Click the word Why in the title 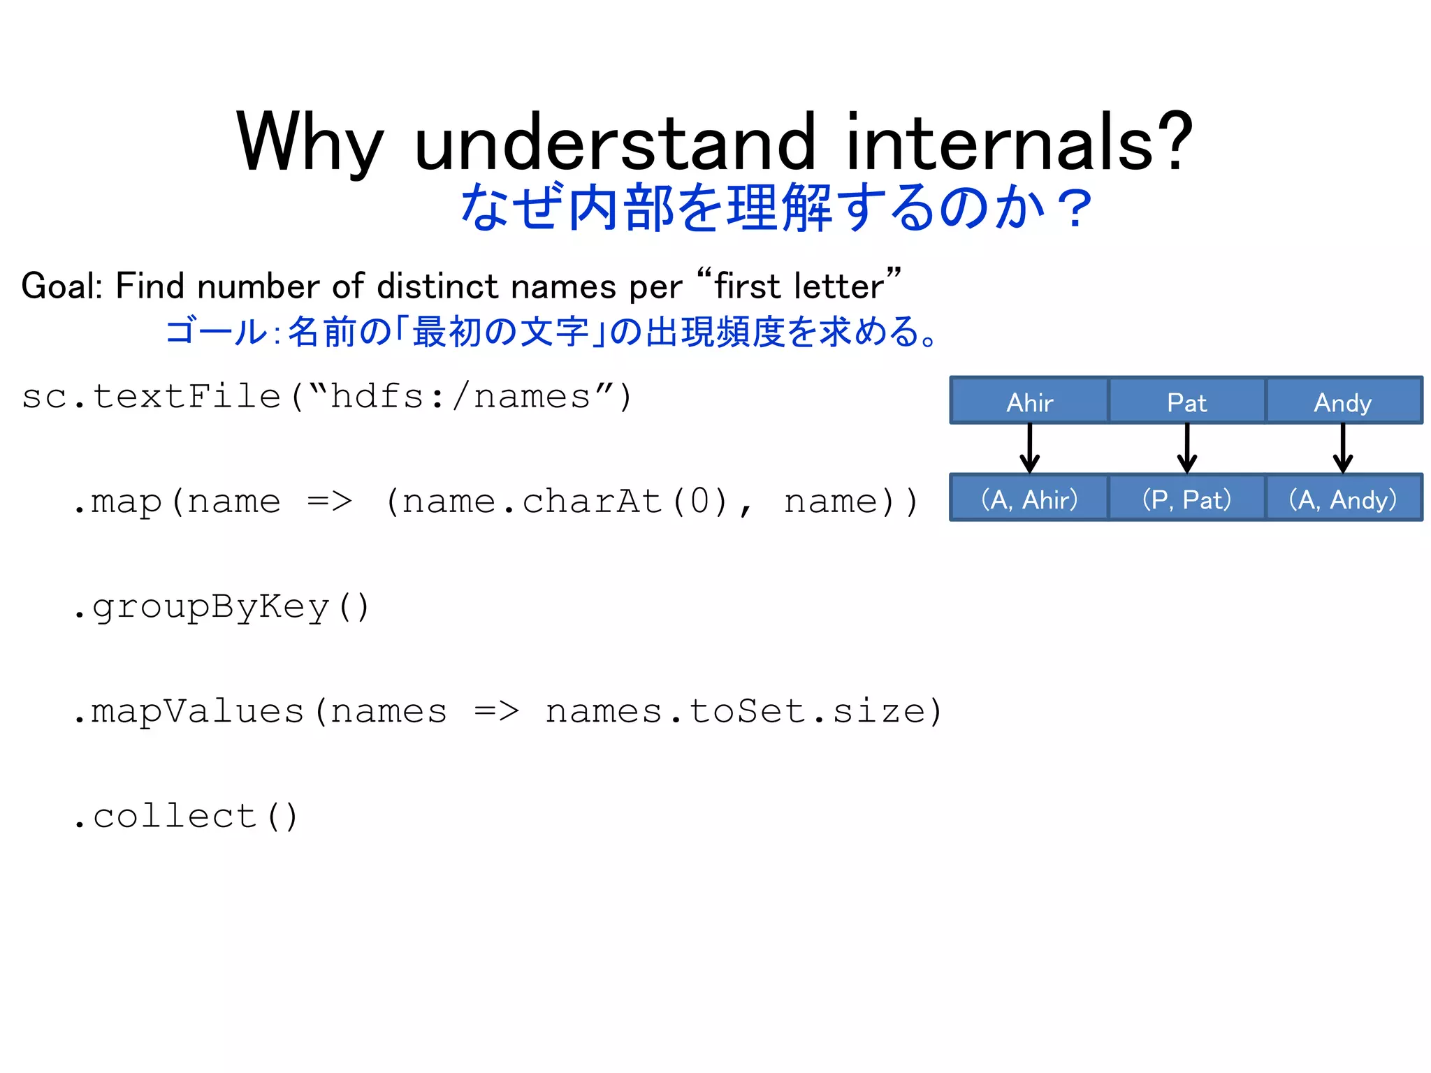point(310,143)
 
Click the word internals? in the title point(1019,143)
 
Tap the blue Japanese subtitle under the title point(776,207)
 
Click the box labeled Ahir point(1029,402)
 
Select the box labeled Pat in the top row point(1186,402)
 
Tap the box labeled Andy point(1343,402)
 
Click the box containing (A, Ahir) point(1029,499)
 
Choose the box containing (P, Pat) point(1186,499)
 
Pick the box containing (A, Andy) point(1343,499)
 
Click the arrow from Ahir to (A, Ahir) point(1029,448)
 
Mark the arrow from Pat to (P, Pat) point(1186,448)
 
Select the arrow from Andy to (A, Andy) point(1343,448)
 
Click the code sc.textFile point(150,397)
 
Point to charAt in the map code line point(592,502)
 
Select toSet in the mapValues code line point(748,711)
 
